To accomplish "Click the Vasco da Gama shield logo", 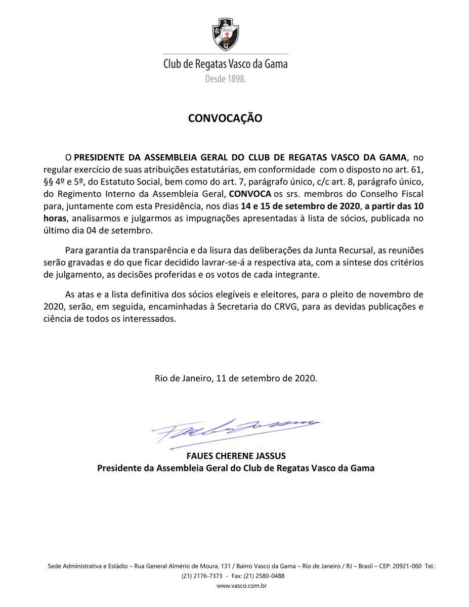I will [225, 34].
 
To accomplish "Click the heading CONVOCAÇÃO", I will [225, 118].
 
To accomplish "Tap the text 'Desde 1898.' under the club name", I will [225, 79].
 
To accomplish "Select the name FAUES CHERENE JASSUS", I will [236, 455].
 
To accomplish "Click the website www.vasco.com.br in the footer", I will [241, 586].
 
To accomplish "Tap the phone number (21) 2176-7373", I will [202, 576].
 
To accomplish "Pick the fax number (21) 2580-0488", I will [266, 576].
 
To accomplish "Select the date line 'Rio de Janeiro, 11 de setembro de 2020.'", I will [236, 378].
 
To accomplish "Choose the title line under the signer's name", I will [236, 468].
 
